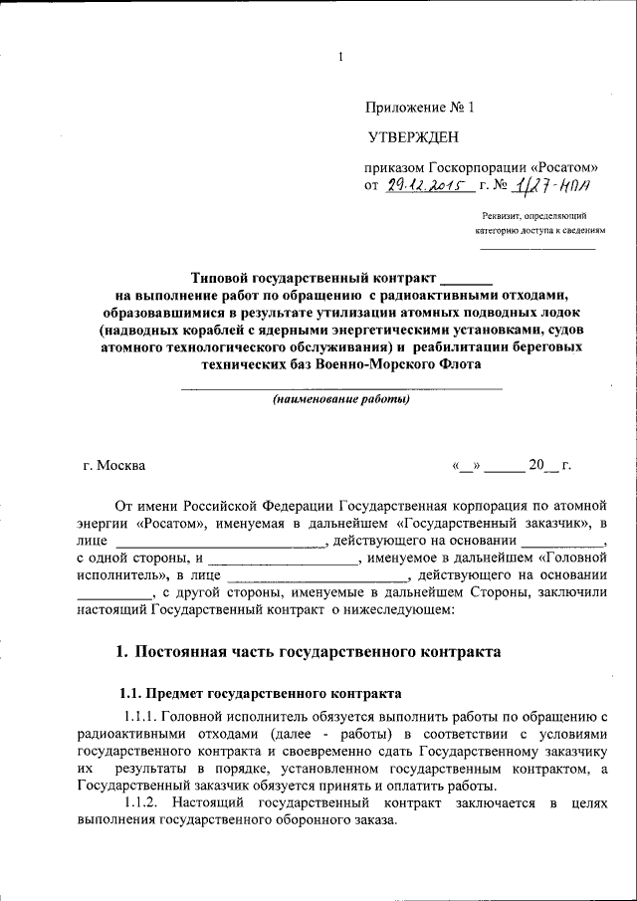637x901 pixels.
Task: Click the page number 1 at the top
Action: [339, 57]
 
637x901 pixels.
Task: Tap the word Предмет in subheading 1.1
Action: [175, 691]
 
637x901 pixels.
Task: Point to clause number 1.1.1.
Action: [140, 717]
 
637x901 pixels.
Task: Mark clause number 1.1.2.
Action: [140, 802]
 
